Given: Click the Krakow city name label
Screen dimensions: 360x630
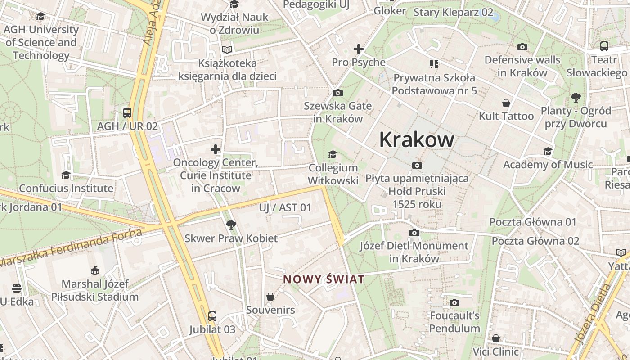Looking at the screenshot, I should (x=417, y=140).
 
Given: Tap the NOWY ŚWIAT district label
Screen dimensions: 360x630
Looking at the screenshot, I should (x=324, y=279).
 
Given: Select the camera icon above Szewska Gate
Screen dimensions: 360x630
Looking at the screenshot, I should (x=337, y=93).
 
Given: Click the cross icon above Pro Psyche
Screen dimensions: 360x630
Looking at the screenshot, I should (x=359, y=49).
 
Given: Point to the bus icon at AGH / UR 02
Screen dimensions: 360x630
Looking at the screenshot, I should (x=127, y=113).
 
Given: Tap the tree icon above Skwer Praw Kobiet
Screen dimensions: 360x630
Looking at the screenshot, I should (x=231, y=225).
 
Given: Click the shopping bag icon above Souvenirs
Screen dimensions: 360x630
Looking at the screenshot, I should (x=270, y=297).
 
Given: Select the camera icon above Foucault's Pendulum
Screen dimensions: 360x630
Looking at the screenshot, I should (x=454, y=302).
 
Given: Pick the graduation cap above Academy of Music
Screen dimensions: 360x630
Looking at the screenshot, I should (x=548, y=152).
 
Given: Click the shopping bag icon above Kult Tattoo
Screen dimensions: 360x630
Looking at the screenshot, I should (x=506, y=103).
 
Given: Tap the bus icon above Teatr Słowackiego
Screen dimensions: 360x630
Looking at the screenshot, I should (x=604, y=46).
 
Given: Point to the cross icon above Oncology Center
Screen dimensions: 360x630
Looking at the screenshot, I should (x=216, y=149).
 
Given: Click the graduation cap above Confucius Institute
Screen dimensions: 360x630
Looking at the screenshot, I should (x=66, y=175).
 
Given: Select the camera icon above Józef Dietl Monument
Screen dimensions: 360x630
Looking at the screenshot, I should (x=414, y=233).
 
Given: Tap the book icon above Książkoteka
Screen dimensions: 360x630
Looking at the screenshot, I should (x=227, y=49).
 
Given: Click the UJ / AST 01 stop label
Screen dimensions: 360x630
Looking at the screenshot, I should (x=285, y=207).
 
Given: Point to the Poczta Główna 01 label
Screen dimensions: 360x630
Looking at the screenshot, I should (x=533, y=222).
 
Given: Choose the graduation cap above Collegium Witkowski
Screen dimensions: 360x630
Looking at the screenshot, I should (x=333, y=155).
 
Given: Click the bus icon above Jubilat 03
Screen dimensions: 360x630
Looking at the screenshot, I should (x=212, y=316).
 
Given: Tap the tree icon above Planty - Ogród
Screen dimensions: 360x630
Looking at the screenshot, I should (x=576, y=97).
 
